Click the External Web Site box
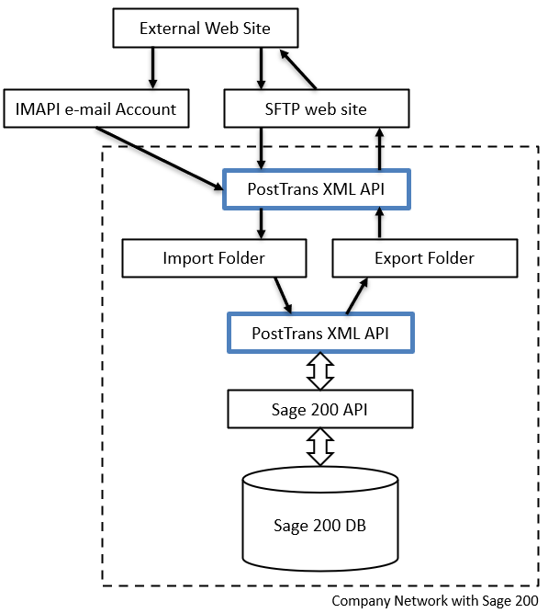[206, 28]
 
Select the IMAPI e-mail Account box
[96, 108]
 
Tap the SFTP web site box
[317, 108]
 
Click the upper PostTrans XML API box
[317, 189]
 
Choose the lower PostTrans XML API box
[320, 333]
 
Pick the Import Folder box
[214, 258]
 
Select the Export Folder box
[425, 258]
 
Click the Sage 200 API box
[320, 409]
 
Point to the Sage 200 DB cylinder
[320, 518]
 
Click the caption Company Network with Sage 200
[435, 600]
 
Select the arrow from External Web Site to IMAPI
[152, 68]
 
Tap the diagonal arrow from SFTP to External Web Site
[298, 69]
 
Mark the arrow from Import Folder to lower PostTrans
[283, 295]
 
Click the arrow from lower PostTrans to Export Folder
[357, 296]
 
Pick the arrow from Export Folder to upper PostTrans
[379, 223]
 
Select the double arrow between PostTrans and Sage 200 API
[320, 371]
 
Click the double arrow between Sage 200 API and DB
[320, 447]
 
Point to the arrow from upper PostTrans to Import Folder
[262, 223]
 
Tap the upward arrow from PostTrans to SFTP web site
[379, 149]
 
